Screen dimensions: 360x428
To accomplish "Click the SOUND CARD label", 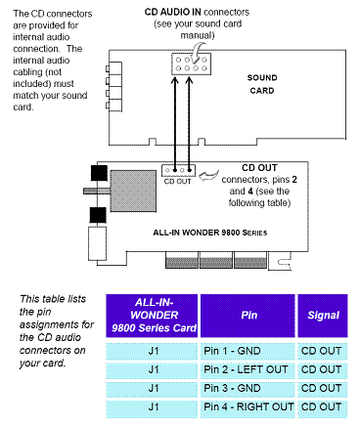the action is tap(262, 84).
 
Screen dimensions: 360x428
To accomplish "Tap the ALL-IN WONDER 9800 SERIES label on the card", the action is tap(210, 233).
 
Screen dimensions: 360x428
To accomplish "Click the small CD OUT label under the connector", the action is tap(177, 182).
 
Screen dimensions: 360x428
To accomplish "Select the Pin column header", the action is tap(249, 316).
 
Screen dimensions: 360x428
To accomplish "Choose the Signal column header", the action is tap(323, 316).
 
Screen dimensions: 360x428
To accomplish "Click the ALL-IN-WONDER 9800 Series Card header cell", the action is tap(152, 316).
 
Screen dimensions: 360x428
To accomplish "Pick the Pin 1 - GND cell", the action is tap(247, 351).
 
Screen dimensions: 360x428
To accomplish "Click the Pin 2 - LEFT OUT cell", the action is tap(247, 369).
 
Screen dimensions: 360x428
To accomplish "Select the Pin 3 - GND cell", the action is tap(247, 388).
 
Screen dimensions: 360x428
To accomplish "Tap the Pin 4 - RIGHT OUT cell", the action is tap(247, 407).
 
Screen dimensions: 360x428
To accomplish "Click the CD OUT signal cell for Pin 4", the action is tap(323, 407).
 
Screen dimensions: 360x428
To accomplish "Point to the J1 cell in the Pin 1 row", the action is tap(152, 351).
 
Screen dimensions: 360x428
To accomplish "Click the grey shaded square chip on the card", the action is tap(133, 191).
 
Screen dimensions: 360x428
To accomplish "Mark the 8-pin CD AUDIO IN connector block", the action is tap(192, 64).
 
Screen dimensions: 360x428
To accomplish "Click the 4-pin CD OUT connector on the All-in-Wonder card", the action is tap(178, 170).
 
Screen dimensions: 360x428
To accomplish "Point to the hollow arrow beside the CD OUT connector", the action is tap(208, 176).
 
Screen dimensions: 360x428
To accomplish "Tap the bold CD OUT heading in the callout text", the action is tap(259, 168).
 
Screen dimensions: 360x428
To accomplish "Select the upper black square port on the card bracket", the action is tap(99, 173).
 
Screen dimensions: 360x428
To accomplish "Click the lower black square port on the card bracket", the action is tap(98, 215).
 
